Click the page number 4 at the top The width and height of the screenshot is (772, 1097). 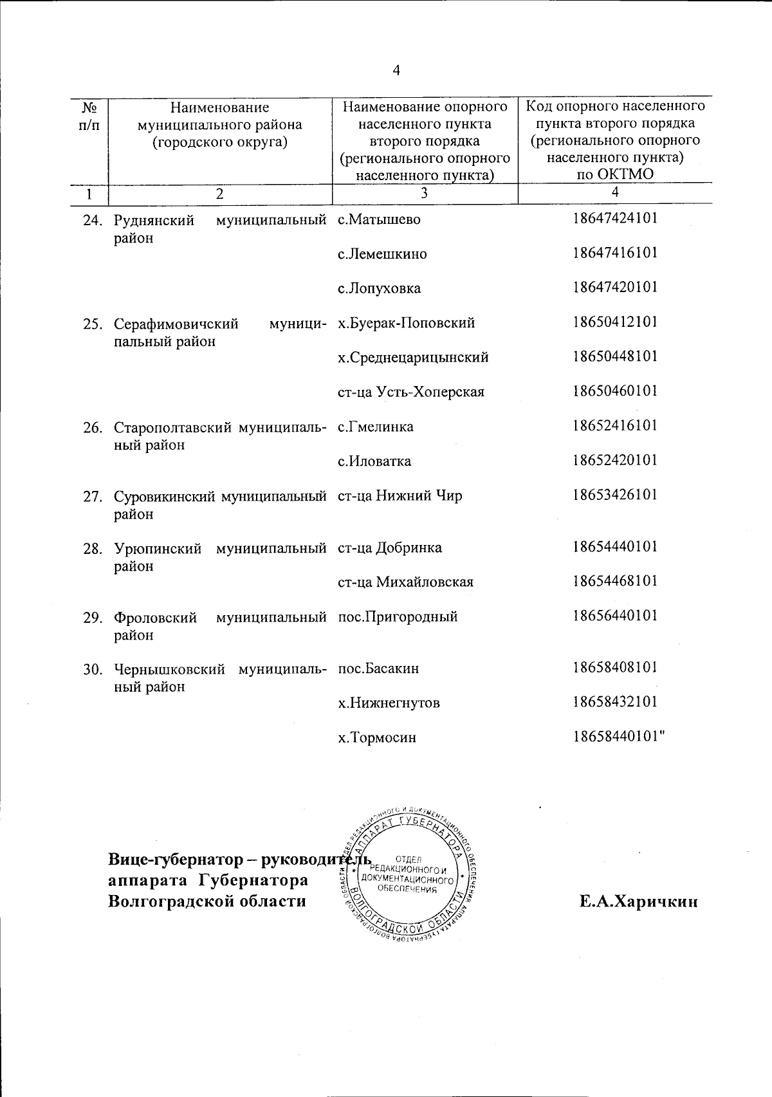click(x=396, y=71)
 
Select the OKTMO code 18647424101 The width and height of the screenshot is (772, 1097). click(x=615, y=218)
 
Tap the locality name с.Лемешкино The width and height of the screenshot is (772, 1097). click(x=382, y=254)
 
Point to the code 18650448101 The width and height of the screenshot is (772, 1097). click(x=615, y=356)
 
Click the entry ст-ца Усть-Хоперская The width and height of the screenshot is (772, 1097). click(x=410, y=392)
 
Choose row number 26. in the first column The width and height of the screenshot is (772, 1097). click(x=93, y=427)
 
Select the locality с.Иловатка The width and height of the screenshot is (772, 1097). click(x=374, y=461)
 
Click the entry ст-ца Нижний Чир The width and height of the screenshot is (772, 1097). click(x=400, y=496)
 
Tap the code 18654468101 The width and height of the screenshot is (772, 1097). click(x=615, y=581)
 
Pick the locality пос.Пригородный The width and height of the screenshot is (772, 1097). click(x=398, y=616)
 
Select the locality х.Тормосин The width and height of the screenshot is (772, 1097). click(x=377, y=737)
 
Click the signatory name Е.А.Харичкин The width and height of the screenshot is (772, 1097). click(x=638, y=901)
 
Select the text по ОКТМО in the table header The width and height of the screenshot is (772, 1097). click(x=615, y=174)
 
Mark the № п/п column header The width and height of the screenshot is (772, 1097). click(x=89, y=115)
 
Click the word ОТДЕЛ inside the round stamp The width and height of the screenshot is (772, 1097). click(x=407, y=859)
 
